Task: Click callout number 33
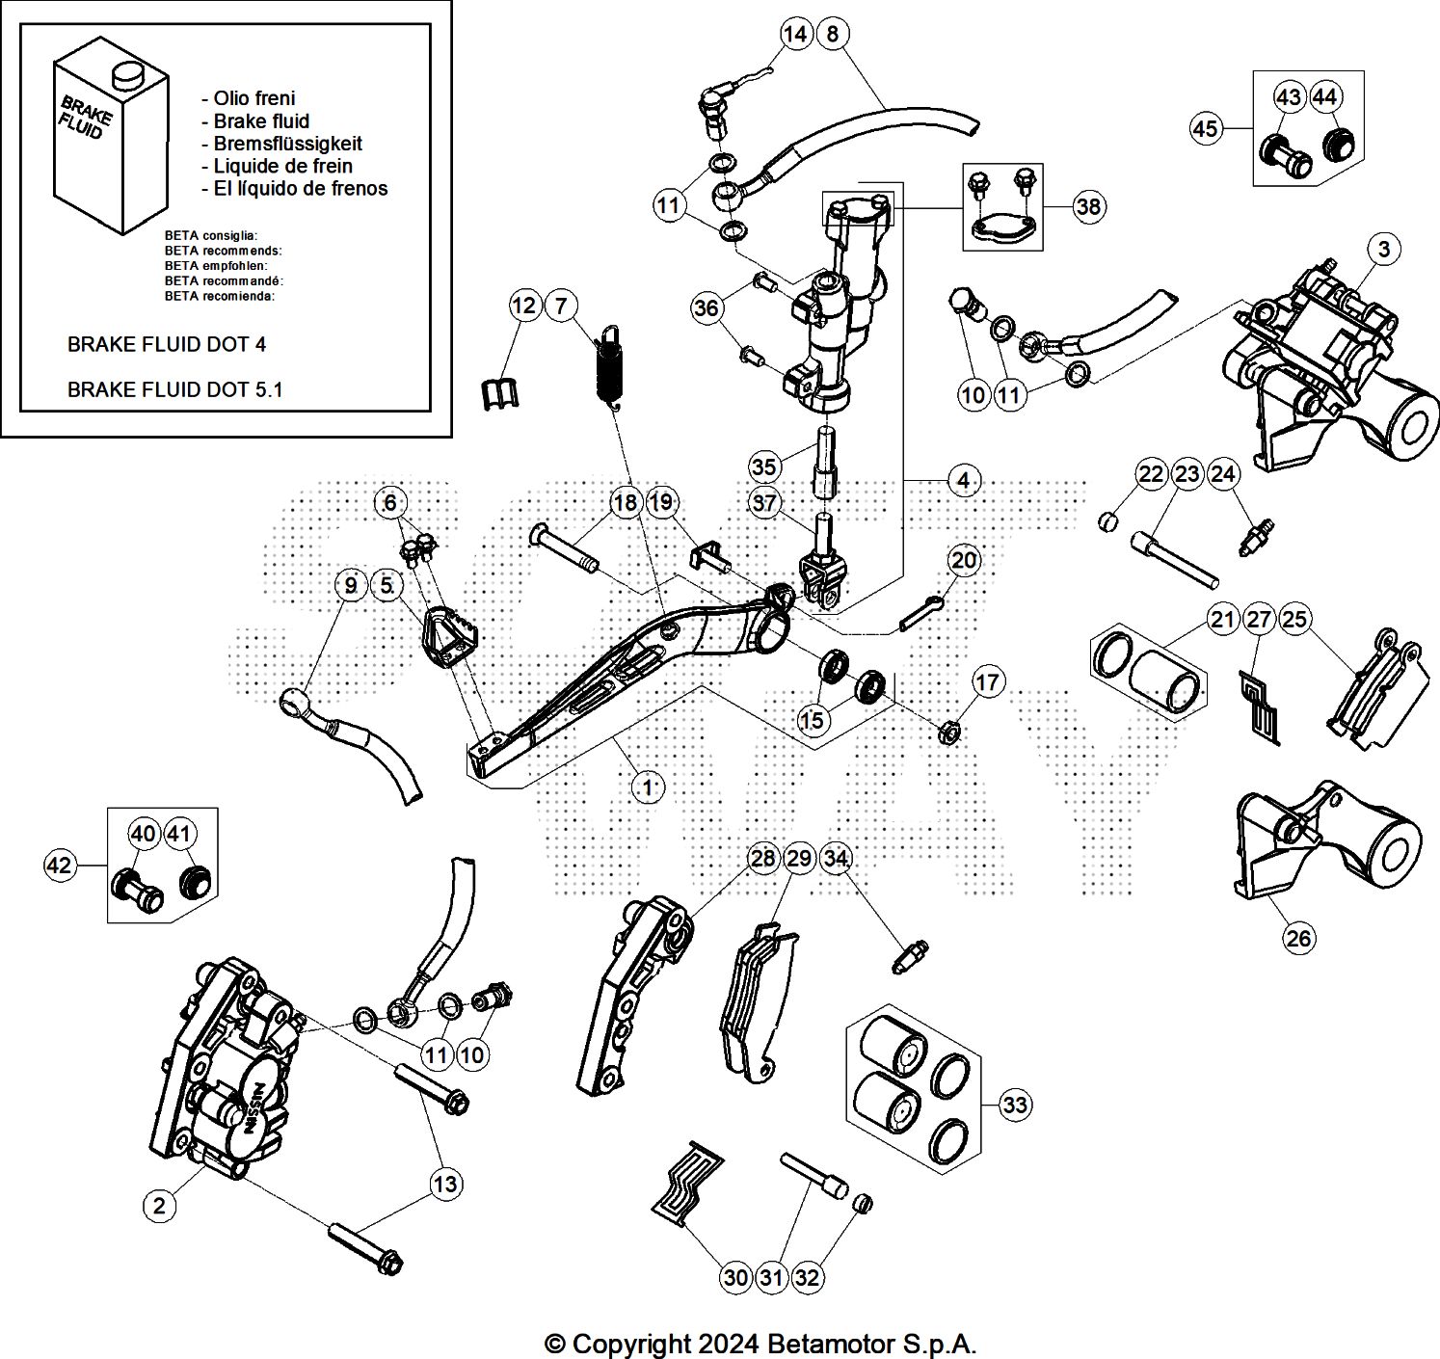pyautogui.click(x=1014, y=1106)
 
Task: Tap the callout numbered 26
pyautogui.click(x=1298, y=939)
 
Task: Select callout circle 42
pyautogui.click(x=60, y=865)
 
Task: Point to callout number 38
pyautogui.click(x=1088, y=206)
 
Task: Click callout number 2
pyautogui.click(x=159, y=1205)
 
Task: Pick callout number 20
pyautogui.click(x=964, y=560)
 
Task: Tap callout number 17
pyautogui.click(x=986, y=681)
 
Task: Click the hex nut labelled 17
pyautogui.click(x=948, y=733)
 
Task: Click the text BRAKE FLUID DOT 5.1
pyautogui.click(x=174, y=389)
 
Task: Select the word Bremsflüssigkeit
pyautogui.click(x=288, y=144)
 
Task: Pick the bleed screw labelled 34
pyautogui.click(x=910, y=956)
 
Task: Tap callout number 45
pyautogui.click(x=1205, y=128)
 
